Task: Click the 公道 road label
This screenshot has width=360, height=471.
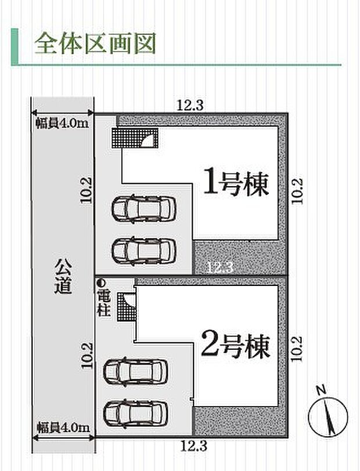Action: [63, 278]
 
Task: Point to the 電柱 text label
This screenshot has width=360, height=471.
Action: [102, 300]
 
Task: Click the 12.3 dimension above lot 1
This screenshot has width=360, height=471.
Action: [190, 106]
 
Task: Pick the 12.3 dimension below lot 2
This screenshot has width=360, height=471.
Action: [193, 447]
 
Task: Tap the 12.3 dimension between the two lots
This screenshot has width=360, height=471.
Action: [219, 267]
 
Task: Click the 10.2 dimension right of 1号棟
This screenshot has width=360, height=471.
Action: [297, 190]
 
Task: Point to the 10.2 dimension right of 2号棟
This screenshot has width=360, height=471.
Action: [297, 349]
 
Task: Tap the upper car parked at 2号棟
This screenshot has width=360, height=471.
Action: [135, 371]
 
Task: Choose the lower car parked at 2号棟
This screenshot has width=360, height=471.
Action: [135, 412]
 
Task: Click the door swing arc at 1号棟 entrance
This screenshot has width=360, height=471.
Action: [149, 139]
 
